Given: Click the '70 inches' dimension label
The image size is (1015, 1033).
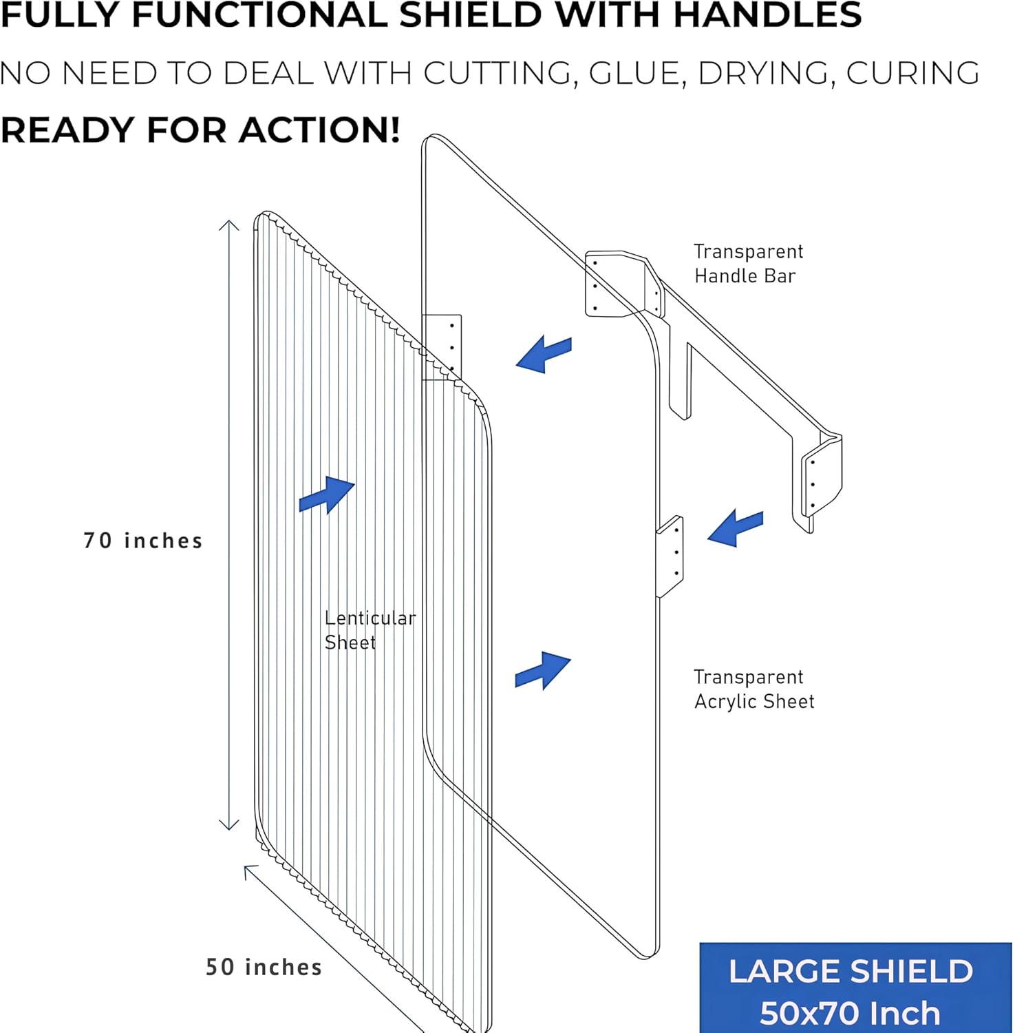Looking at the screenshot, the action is (143, 541).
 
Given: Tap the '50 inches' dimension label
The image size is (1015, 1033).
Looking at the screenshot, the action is (264, 967).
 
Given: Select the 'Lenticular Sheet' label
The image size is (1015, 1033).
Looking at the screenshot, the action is (370, 630).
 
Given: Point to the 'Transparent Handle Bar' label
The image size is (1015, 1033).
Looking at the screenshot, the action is (748, 263).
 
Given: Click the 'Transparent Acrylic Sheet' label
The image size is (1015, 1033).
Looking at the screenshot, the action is (754, 689).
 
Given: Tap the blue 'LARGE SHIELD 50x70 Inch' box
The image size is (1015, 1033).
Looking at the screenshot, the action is (855, 988).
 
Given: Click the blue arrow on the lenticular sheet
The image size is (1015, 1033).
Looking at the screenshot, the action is (327, 494).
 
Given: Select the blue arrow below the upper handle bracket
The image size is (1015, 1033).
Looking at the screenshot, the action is (544, 354).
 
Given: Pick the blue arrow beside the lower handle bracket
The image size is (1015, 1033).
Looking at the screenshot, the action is (736, 528).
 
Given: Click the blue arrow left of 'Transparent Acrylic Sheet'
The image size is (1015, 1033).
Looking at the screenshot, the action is (543, 670).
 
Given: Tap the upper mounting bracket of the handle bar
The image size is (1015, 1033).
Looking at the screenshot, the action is (623, 284).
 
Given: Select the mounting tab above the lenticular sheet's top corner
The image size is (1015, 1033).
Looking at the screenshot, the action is (442, 346).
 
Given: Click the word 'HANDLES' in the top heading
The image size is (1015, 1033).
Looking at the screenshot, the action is (767, 14).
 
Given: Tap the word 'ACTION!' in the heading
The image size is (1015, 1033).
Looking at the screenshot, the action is (319, 129).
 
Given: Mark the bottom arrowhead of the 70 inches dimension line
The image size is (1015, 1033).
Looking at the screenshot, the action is (229, 825).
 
